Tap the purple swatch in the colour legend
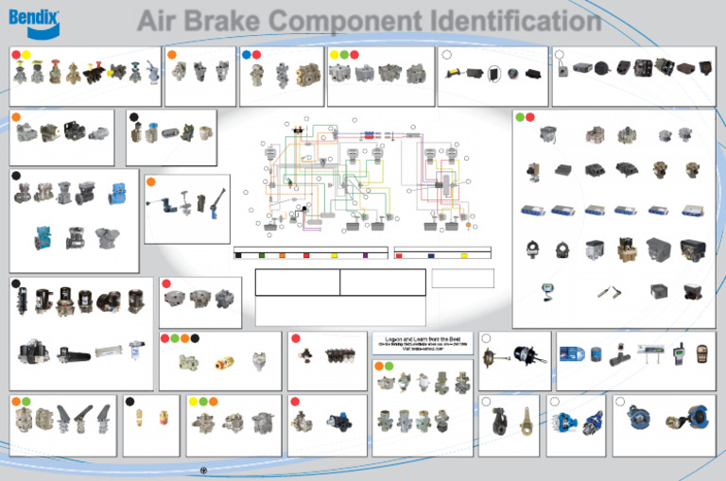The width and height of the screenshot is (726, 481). point(365,255)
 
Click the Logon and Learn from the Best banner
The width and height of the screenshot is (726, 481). point(422,341)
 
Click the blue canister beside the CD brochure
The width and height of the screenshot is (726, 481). point(596,356)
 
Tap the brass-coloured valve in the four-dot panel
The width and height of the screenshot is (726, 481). point(223,362)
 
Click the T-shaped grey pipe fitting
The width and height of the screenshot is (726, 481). point(624,356)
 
